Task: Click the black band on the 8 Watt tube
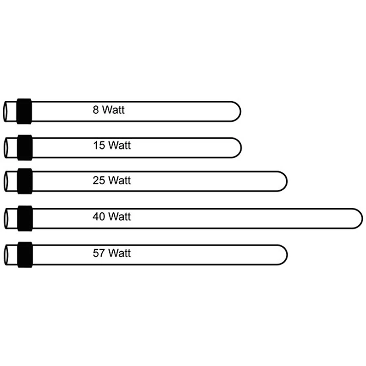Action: click(24, 111)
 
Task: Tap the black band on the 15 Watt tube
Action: click(25, 148)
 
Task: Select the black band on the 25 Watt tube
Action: click(25, 181)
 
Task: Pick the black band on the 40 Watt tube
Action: click(25, 218)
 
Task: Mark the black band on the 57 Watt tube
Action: click(25, 255)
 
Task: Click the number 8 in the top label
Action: click(96, 110)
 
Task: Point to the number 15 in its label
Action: click(99, 145)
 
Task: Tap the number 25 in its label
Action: click(99, 181)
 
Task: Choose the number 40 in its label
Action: click(99, 217)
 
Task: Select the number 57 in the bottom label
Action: click(99, 253)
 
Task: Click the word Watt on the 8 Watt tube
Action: click(113, 110)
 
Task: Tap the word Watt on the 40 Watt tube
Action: click(120, 217)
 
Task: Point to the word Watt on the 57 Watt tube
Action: click(120, 253)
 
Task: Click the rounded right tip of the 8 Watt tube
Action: click(240, 111)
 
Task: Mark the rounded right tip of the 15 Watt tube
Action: click(241, 148)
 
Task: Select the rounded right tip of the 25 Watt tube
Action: click(287, 181)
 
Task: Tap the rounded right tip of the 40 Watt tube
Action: click(362, 218)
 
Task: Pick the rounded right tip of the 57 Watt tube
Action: click(287, 255)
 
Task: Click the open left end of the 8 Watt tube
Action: click(4, 111)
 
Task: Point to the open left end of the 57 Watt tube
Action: click(5, 255)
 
